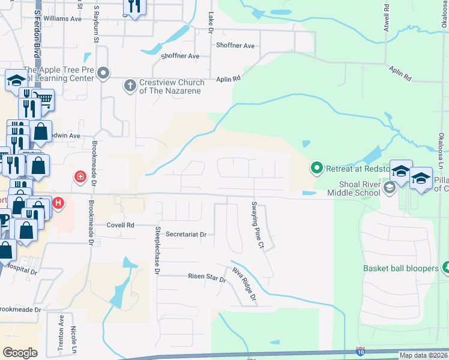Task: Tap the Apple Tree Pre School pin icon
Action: tap(103, 74)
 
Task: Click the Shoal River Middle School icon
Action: tap(390, 189)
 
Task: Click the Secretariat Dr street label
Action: tap(185, 234)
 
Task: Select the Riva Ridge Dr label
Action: tap(244, 284)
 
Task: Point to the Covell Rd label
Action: tap(121, 225)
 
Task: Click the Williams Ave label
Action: tap(62, 19)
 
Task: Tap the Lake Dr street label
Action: tap(211, 22)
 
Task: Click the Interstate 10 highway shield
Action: tap(360, 350)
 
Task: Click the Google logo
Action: tap(20, 353)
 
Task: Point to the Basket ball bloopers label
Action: tap(400, 268)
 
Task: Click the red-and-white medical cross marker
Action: tap(79, 176)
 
